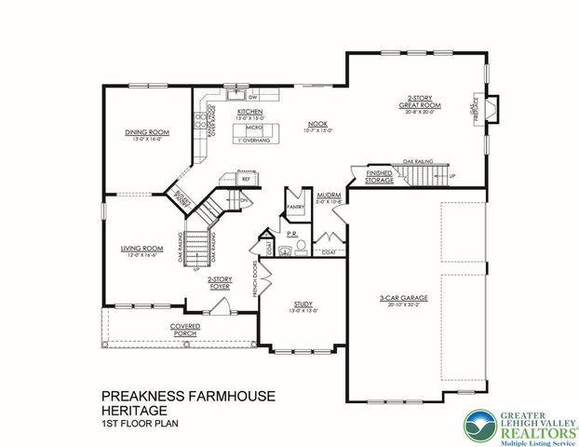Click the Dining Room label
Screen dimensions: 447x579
pos(147,133)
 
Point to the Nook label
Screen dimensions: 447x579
pos(316,123)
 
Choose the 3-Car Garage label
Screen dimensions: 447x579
pos(396,299)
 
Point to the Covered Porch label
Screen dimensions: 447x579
pos(184,328)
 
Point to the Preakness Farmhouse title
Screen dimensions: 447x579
pos(185,396)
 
